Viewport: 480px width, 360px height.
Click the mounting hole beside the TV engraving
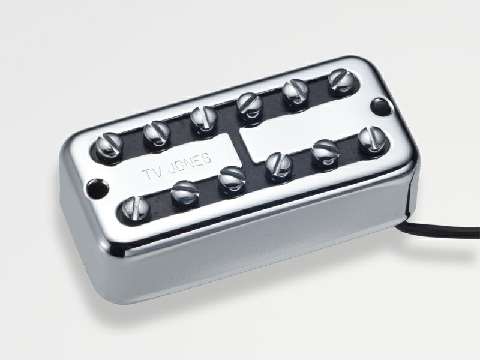98,185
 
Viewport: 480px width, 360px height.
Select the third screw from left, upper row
203,119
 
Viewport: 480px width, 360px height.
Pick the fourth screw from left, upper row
250,106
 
